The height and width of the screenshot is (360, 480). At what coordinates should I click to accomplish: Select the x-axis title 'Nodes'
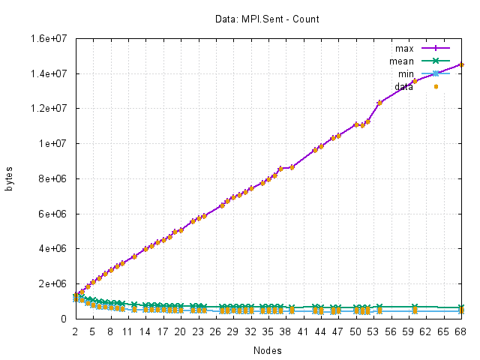[x=268, y=349]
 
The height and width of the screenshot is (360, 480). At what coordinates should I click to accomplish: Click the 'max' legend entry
[x=409, y=48]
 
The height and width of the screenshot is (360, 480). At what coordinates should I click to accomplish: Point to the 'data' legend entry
[x=405, y=86]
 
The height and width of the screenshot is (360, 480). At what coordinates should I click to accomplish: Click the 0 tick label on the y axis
[x=66, y=319]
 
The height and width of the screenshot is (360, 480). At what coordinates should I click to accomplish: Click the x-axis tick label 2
[x=75, y=331]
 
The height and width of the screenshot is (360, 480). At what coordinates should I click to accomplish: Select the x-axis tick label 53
[x=373, y=331]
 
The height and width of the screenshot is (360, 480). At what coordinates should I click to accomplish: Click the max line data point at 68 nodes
[x=461, y=64]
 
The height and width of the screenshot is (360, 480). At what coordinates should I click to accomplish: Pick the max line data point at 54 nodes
[x=379, y=103]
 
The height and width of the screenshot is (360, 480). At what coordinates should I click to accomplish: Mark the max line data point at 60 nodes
[x=415, y=80]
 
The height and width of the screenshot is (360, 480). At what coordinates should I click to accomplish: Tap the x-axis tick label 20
[x=180, y=331]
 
